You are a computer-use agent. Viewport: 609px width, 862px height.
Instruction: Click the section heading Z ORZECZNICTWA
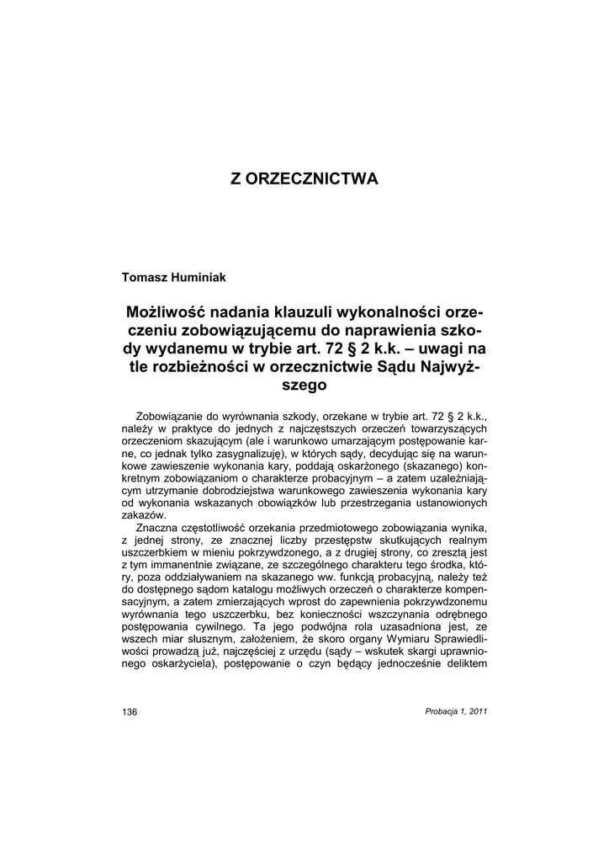point(304,179)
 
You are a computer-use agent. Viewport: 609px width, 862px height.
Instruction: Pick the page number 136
point(130,711)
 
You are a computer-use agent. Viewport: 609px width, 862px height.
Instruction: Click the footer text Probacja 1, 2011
point(457,711)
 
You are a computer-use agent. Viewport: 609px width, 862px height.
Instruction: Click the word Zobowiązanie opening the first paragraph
point(175,416)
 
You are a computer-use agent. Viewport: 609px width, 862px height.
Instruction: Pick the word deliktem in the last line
point(463,664)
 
